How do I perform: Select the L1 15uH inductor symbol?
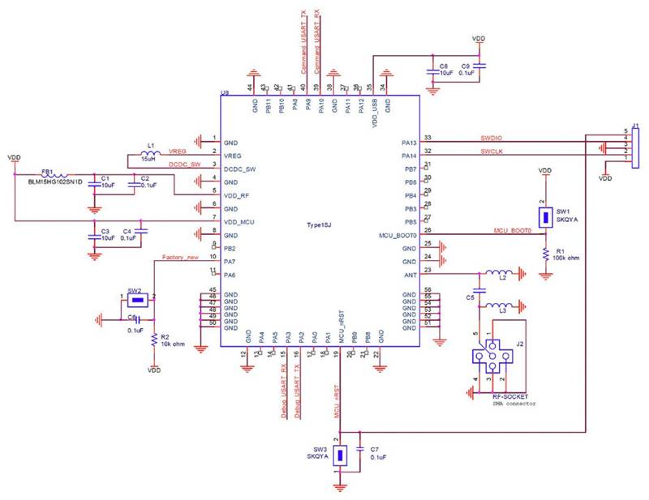pyautogui.click(x=149, y=156)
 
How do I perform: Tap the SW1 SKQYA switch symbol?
pyautogui.click(x=545, y=216)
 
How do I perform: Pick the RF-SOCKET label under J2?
pyautogui.click(x=509, y=396)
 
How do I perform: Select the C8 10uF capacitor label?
pyautogui.click(x=443, y=68)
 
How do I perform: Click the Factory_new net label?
pyautogui.click(x=180, y=258)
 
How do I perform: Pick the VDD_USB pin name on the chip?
pyautogui.click(x=372, y=109)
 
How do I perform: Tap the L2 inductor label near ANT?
pyautogui.click(x=503, y=278)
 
